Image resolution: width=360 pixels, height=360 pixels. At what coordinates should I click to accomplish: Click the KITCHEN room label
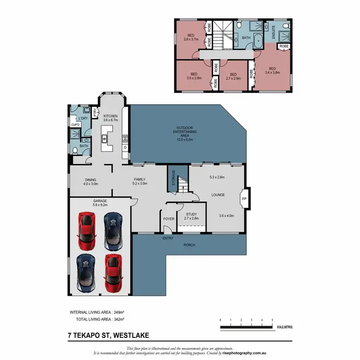[x=110, y=116]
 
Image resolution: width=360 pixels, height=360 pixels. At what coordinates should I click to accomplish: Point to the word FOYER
[x=168, y=219]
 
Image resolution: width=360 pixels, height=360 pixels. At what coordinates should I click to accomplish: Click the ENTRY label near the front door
[x=168, y=238]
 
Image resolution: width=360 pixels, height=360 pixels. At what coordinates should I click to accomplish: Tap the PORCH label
[x=190, y=245]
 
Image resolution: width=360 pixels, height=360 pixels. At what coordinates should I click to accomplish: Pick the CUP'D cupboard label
[x=75, y=125]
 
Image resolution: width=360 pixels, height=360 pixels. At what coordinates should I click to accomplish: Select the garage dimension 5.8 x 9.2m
[x=100, y=205]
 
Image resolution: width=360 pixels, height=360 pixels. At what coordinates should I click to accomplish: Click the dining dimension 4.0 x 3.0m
[x=91, y=184]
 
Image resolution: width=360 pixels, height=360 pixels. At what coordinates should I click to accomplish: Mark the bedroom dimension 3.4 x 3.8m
[x=272, y=72]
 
